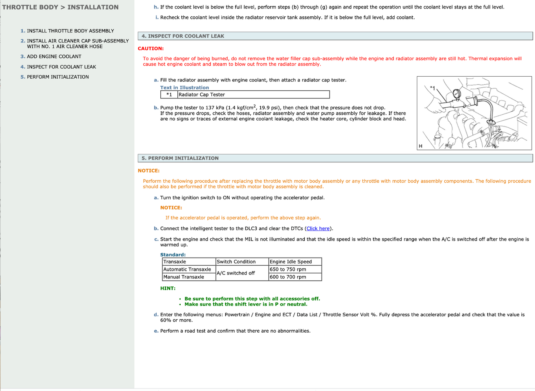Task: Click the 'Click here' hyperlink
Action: click(x=318, y=229)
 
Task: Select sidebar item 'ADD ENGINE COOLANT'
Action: click(x=54, y=57)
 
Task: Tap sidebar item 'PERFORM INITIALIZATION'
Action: click(x=58, y=77)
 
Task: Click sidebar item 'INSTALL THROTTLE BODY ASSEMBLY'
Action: click(x=70, y=31)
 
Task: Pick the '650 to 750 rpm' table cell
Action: click(x=288, y=269)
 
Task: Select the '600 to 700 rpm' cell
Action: click(x=288, y=277)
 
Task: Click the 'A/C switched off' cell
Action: click(x=236, y=273)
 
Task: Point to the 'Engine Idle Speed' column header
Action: click(x=291, y=262)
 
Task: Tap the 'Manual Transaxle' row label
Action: click(x=184, y=277)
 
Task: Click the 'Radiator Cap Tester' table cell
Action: click(x=202, y=95)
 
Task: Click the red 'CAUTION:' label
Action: click(x=151, y=48)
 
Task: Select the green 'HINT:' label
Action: click(x=168, y=289)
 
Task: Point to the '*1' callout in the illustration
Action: click(x=432, y=88)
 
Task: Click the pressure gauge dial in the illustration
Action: click(x=457, y=94)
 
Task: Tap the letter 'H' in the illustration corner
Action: click(x=421, y=146)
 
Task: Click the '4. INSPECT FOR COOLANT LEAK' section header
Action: click(x=183, y=36)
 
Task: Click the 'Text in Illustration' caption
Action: click(x=184, y=88)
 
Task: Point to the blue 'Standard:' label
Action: click(x=173, y=255)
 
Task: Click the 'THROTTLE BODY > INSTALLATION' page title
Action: click(x=60, y=7)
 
